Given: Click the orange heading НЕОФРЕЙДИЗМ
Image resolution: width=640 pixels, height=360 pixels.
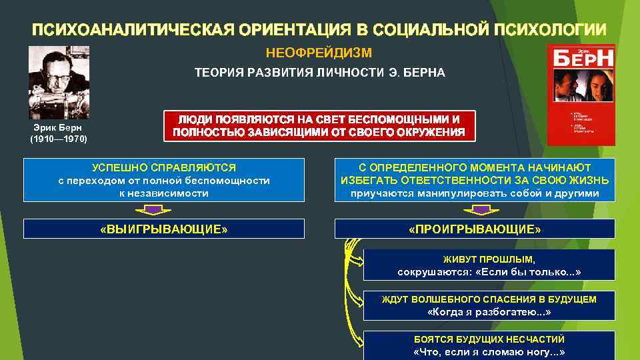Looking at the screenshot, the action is coord(319,52).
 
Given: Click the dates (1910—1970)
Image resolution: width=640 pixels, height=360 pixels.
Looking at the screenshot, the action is coord(58,139).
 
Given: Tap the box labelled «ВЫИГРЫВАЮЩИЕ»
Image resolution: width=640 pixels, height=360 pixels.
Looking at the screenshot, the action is coord(164,229).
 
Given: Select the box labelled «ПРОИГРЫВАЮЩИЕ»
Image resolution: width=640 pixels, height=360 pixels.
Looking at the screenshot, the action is coord(475,229).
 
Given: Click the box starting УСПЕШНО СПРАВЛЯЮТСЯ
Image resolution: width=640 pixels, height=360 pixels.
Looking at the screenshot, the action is coord(164,180).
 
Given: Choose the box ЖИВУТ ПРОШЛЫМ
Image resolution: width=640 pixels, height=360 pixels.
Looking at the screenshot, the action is coord(489,265).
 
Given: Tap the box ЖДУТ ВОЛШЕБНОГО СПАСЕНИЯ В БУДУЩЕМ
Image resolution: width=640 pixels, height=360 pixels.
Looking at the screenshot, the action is coord(489,306).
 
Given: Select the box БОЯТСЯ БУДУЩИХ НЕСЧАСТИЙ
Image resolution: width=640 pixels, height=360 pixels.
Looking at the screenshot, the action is coord(489,345).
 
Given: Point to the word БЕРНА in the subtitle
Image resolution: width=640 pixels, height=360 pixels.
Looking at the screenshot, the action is coord(421,73).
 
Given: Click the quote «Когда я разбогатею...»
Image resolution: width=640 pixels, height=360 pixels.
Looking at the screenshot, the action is coord(489,312).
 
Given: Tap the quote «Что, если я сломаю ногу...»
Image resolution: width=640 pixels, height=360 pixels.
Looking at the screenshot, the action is coord(489,352).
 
